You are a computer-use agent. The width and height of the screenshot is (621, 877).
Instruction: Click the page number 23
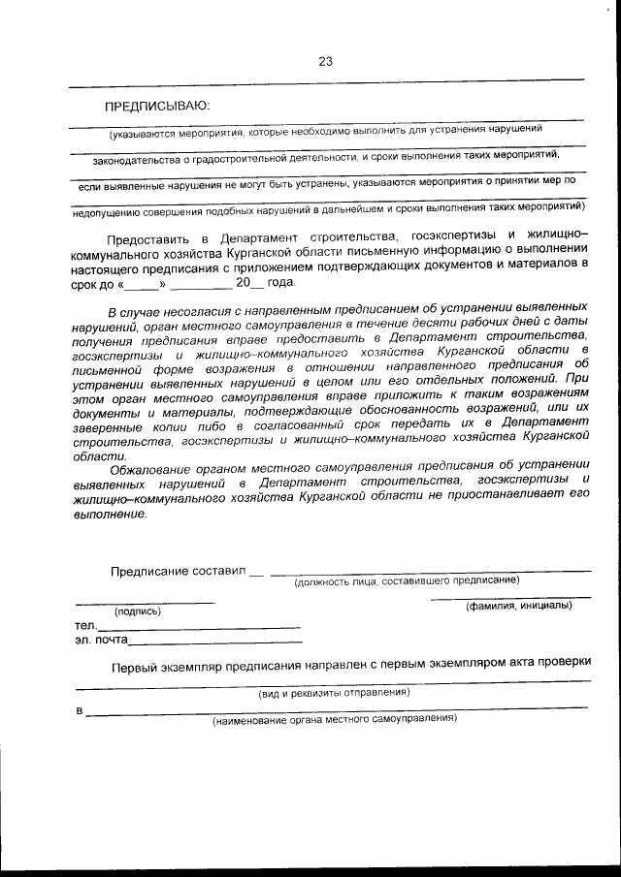pyautogui.click(x=325, y=61)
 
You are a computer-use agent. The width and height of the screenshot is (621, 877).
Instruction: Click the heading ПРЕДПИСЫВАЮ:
pyautogui.click(x=158, y=105)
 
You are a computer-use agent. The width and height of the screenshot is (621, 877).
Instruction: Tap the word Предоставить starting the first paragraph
pyautogui.click(x=147, y=236)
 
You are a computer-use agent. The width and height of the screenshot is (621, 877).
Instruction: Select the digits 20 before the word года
pyautogui.click(x=243, y=282)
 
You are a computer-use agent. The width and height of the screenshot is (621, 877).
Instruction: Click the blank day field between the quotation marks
pyautogui.click(x=141, y=283)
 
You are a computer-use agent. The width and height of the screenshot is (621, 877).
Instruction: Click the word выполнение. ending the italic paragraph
pyautogui.click(x=110, y=514)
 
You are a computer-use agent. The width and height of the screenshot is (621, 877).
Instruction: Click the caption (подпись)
pyautogui.click(x=138, y=611)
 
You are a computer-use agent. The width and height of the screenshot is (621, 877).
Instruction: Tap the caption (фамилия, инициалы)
pyautogui.click(x=518, y=606)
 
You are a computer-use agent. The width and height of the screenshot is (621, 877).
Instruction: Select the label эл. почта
pyautogui.click(x=100, y=641)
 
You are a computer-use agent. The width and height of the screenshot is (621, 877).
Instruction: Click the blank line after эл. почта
pyautogui.click(x=214, y=642)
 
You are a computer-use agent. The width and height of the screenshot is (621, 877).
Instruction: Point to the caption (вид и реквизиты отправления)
pyautogui.click(x=333, y=693)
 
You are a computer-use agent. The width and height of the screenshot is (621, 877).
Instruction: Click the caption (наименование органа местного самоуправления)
pyautogui.click(x=334, y=719)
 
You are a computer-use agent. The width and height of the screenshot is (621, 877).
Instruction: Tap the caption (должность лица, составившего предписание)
pyautogui.click(x=407, y=580)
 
